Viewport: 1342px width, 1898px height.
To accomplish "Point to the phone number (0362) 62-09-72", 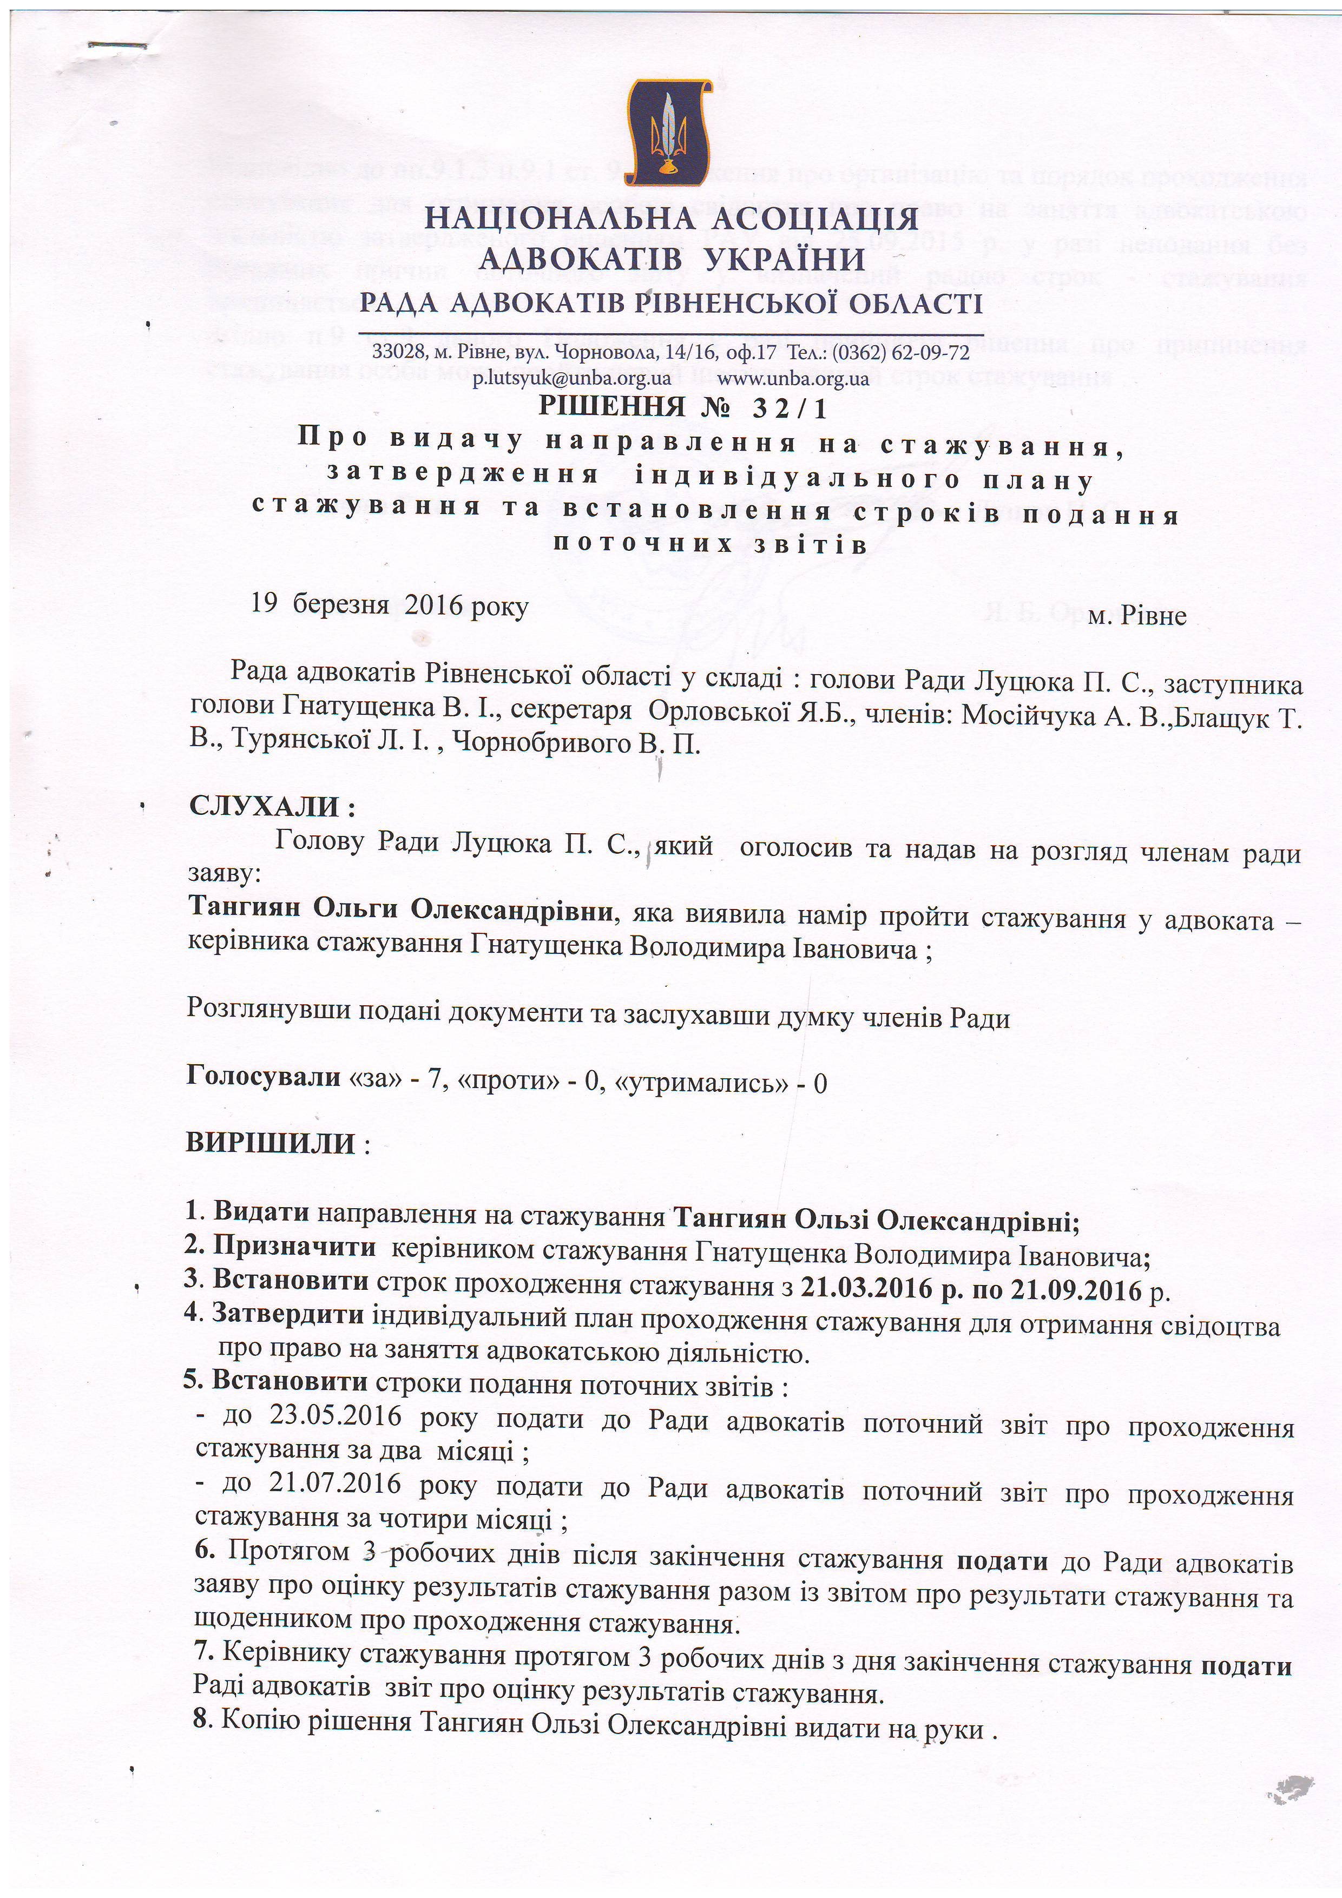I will (x=910, y=353).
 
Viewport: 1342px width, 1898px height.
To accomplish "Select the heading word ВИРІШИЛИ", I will (x=271, y=1144).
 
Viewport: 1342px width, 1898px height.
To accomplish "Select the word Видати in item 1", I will (x=261, y=1212).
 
